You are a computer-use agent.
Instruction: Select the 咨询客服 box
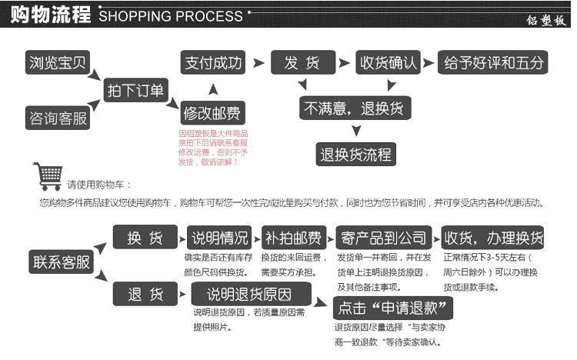tap(57, 118)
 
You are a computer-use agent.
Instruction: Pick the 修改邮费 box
tap(212, 114)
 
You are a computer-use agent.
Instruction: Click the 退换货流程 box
tap(355, 155)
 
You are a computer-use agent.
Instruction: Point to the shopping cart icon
tap(48, 176)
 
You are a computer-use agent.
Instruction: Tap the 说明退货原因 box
tap(250, 294)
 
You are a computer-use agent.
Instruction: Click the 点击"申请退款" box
tap(393, 308)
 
